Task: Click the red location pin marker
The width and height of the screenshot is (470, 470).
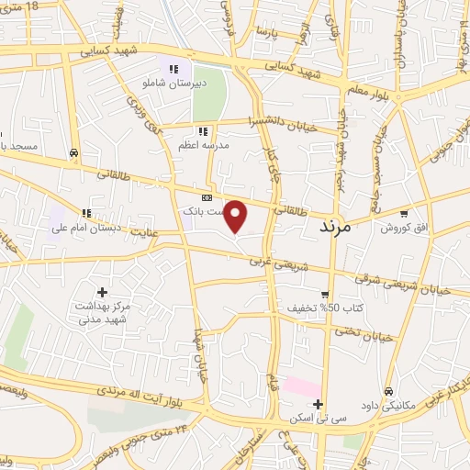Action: tap(236, 216)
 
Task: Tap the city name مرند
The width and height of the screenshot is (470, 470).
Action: tap(335, 225)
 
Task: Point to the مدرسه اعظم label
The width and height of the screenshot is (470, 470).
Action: tap(204, 145)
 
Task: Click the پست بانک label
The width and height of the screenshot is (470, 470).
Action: tap(202, 211)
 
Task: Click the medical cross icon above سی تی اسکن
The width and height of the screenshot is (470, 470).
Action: tap(318, 404)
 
